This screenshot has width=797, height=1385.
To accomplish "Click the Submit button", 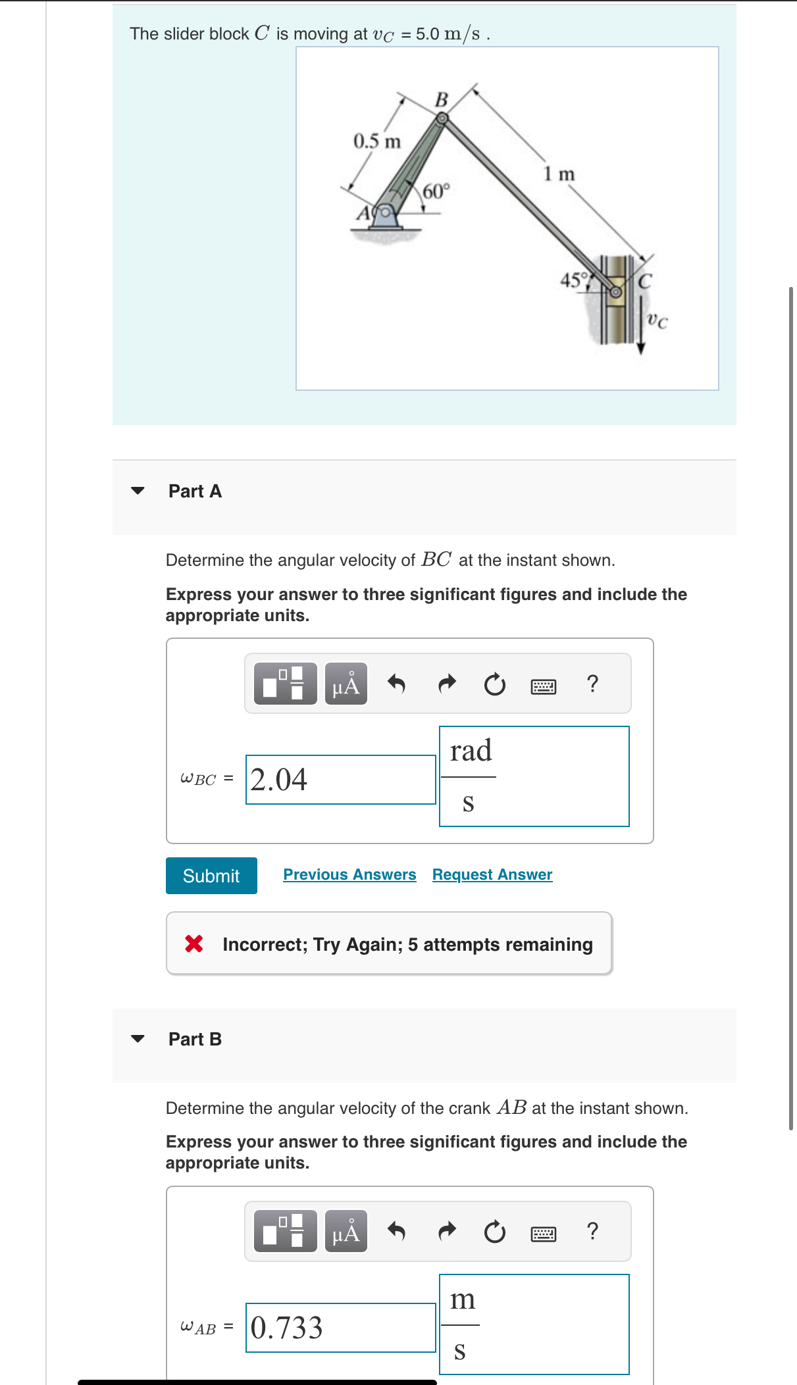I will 211,876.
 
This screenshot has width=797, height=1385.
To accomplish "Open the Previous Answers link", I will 349,874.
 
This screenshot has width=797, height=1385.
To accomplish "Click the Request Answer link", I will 492,874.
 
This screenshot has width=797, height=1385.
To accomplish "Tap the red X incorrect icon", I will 194,944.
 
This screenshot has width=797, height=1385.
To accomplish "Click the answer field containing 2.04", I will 340,780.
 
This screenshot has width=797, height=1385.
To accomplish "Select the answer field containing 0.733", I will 340,1328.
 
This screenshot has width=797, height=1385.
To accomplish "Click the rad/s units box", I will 534,776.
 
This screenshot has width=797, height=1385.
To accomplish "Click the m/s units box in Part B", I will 534,1324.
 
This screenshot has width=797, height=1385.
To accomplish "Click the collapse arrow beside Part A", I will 138,491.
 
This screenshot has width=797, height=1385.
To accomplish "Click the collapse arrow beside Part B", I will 138,1039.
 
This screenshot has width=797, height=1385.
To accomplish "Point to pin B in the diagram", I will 443,118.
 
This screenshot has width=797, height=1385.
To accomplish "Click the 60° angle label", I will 436,191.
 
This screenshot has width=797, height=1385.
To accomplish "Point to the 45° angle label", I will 573,280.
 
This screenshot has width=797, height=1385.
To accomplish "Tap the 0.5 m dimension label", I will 377,141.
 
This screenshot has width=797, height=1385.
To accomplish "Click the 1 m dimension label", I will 559,174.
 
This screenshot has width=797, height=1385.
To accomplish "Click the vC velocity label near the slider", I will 656,320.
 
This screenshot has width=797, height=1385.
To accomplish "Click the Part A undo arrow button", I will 396,684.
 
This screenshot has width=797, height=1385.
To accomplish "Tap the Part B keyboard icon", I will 544,1233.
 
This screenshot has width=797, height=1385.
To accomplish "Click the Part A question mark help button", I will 592,684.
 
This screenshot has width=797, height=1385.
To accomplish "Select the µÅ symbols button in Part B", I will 346,1231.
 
